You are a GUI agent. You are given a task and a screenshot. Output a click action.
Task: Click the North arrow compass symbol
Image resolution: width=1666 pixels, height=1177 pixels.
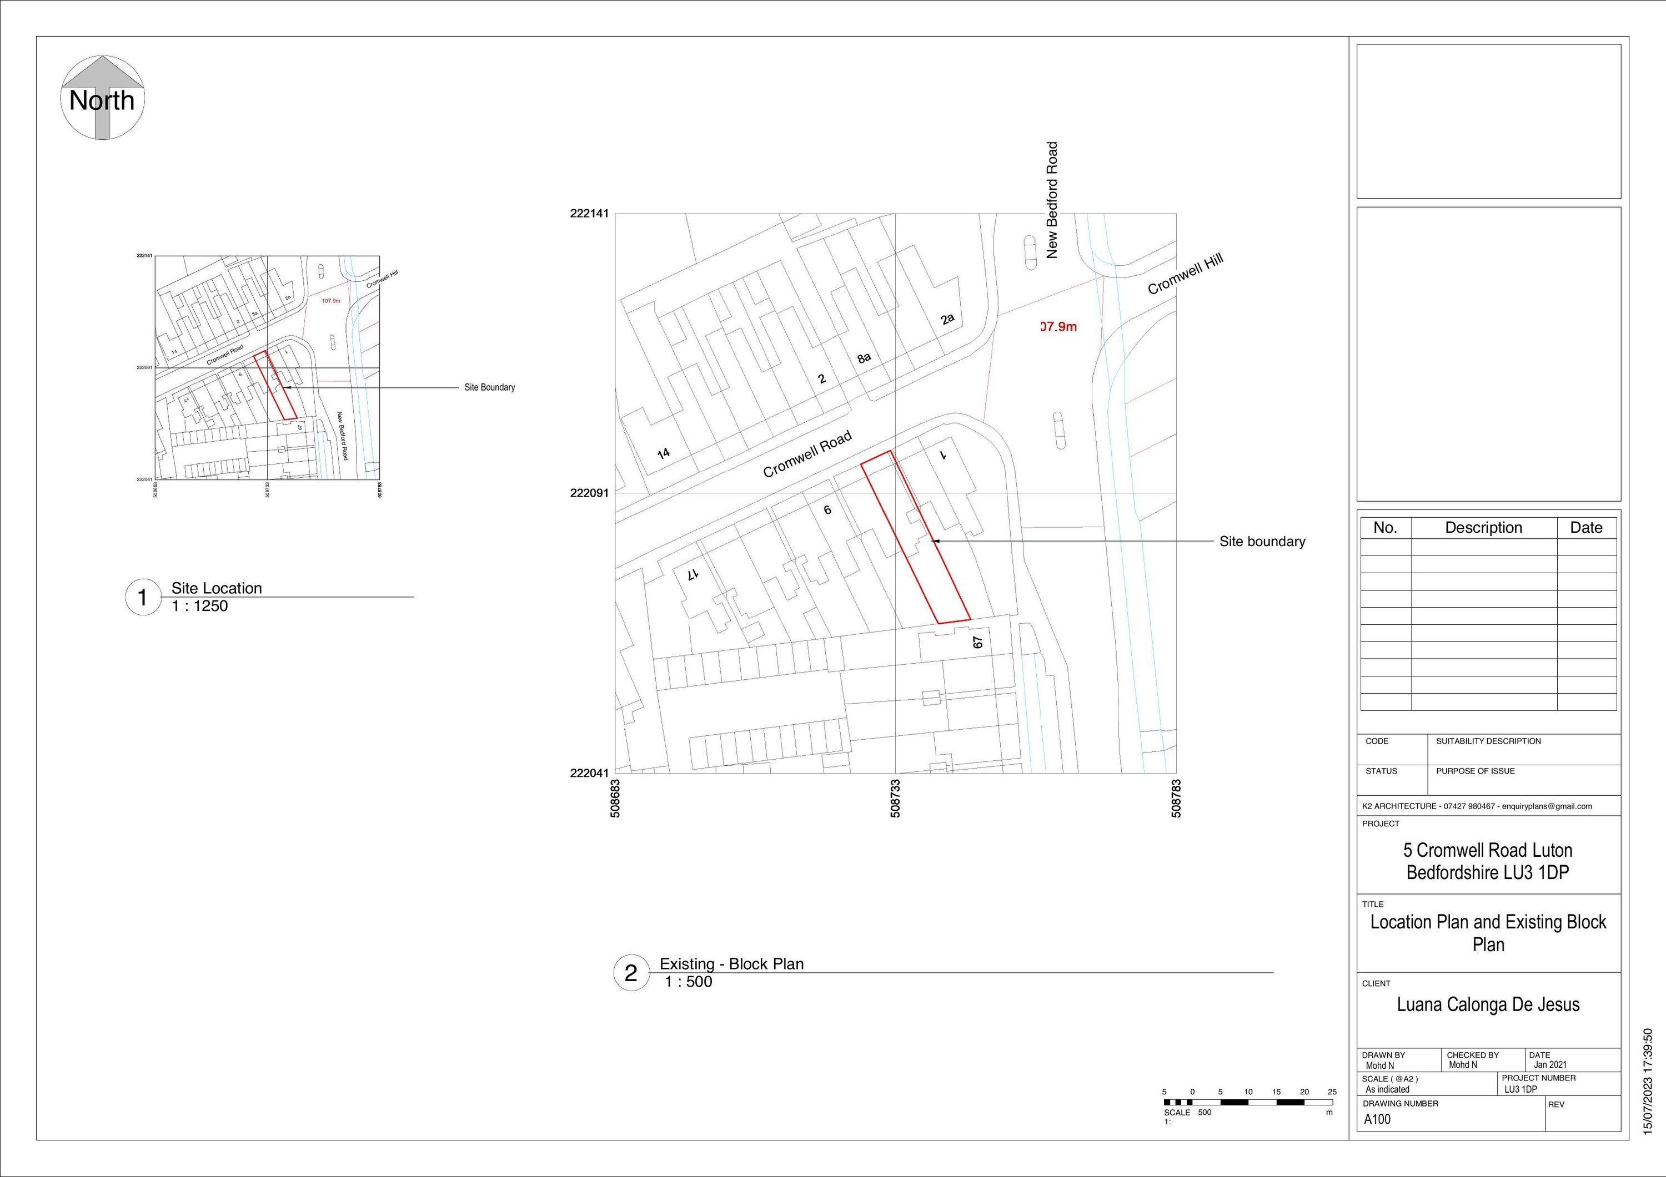(x=102, y=98)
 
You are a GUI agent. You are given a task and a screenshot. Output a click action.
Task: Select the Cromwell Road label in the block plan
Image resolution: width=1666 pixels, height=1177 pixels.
(x=807, y=454)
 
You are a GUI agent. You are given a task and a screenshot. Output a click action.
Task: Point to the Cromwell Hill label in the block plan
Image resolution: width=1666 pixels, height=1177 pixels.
(x=1185, y=274)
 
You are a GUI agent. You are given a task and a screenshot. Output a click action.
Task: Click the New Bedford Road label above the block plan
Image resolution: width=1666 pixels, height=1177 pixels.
(x=1052, y=200)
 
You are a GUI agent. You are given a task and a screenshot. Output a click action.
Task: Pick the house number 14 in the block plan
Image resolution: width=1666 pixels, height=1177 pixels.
(x=663, y=454)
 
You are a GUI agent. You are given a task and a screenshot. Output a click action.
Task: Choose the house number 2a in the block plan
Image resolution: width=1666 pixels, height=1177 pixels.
(x=947, y=319)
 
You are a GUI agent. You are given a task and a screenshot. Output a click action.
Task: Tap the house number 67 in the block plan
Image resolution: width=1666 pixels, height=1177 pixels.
(x=977, y=643)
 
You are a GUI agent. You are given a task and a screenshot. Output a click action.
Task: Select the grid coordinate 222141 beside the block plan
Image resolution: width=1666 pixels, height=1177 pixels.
(x=589, y=214)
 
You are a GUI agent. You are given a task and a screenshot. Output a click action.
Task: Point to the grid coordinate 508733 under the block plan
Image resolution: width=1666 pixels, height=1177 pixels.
(x=895, y=799)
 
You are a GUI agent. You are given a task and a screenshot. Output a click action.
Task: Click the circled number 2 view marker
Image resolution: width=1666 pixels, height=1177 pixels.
(x=630, y=973)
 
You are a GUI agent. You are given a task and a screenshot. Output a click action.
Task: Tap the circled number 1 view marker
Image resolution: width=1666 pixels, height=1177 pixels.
(x=143, y=598)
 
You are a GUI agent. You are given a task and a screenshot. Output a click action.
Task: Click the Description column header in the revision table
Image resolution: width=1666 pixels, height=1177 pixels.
(x=1483, y=528)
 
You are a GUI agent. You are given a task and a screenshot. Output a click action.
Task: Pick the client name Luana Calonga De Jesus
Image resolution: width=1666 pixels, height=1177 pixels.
(x=1488, y=1004)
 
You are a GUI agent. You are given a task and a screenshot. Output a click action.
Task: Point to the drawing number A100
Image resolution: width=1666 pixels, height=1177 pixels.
(x=1377, y=1119)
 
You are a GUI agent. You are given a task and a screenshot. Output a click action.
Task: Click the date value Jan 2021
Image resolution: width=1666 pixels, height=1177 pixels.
(x=1550, y=1064)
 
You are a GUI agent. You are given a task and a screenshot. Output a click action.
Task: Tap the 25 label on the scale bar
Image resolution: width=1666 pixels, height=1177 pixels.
(x=1332, y=1092)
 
